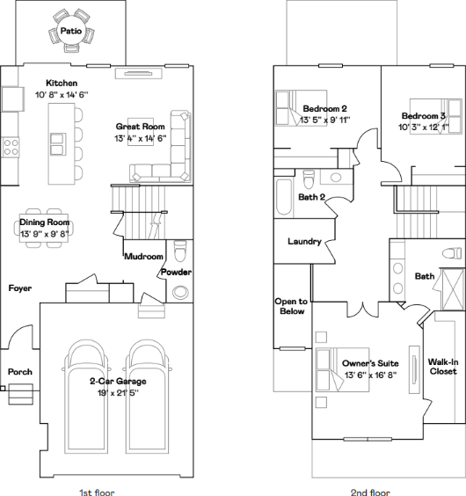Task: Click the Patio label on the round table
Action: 71,31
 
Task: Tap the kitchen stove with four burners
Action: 11,147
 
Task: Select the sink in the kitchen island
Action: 58,144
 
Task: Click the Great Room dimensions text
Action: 140,139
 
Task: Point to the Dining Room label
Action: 44,222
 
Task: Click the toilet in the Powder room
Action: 180,251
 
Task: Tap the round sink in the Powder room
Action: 180,292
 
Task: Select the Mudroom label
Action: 144,256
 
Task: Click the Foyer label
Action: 20,288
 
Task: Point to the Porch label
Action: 20,372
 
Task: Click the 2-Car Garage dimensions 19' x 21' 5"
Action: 118,393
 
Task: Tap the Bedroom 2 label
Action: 325,108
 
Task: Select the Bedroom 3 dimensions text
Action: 424,128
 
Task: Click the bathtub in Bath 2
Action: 284,197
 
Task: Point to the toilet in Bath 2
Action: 309,179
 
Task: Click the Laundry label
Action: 304,241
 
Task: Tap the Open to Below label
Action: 291,306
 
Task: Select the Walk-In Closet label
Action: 443,367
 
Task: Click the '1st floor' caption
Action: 97,492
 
